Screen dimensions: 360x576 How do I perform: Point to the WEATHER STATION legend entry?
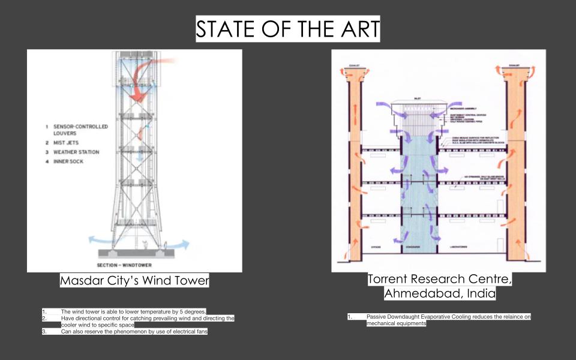point(78,152)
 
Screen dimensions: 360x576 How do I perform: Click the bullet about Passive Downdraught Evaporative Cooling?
point(448,316)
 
